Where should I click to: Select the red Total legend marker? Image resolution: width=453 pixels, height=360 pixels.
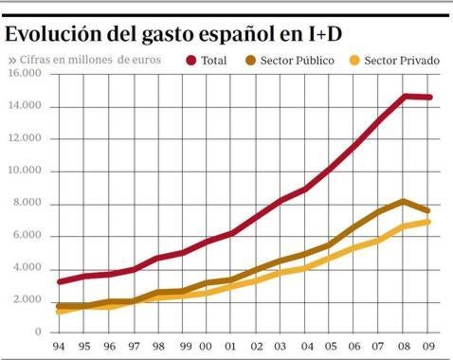191,61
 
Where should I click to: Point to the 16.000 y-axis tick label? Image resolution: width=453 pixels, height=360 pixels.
25,74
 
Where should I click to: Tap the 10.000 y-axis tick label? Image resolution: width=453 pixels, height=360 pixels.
25,171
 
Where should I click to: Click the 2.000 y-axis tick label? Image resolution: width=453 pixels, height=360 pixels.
27,300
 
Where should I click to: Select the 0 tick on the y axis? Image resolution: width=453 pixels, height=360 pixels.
38,333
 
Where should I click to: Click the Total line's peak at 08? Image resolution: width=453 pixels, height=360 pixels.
406,96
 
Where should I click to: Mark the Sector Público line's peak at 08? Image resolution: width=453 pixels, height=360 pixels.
405,201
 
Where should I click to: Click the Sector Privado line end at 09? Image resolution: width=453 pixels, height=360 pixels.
429,222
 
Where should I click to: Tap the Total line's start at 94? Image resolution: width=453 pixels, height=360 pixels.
61,281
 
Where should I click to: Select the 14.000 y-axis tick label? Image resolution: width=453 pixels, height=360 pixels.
25,106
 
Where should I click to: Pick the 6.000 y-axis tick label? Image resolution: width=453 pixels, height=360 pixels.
27,236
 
